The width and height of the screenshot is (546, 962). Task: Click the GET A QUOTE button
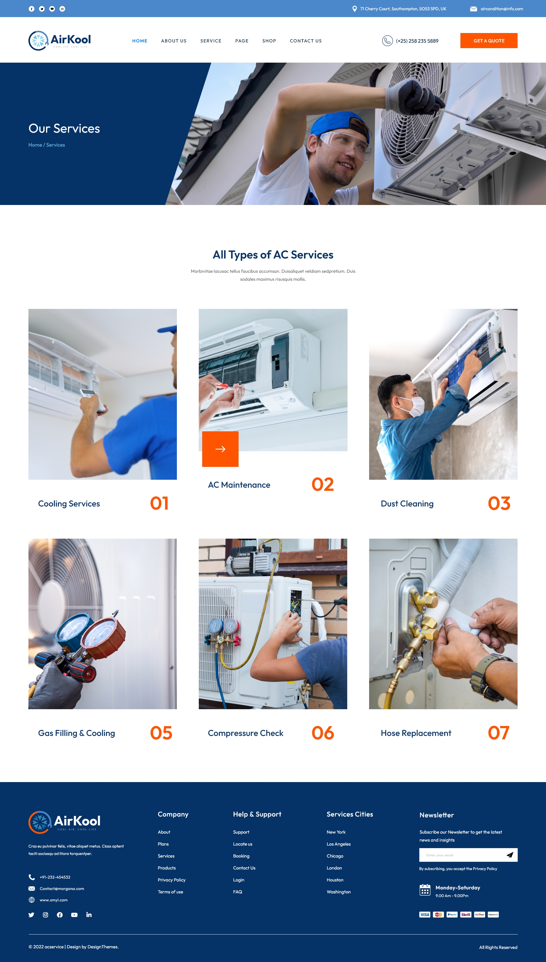tap(489, 40)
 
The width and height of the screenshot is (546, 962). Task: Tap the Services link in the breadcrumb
tap(55, 145)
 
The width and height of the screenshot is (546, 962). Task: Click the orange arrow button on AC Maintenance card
tap(220, 449)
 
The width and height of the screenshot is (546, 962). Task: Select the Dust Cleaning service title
tap(407, 504)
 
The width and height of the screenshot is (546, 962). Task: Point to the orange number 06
tap(322, 733)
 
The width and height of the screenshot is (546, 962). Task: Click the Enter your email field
tap(461, 855)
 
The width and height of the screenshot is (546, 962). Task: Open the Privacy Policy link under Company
tap(171, 880)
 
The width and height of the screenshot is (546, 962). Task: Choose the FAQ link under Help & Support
tap(237, 892)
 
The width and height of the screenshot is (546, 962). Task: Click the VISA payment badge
tap(425, 915)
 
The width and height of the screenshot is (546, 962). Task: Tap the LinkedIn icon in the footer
tap(89, 915)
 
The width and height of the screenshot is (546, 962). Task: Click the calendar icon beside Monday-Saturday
tap(425, 890)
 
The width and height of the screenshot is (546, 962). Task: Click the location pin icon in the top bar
tap(354, 9)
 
